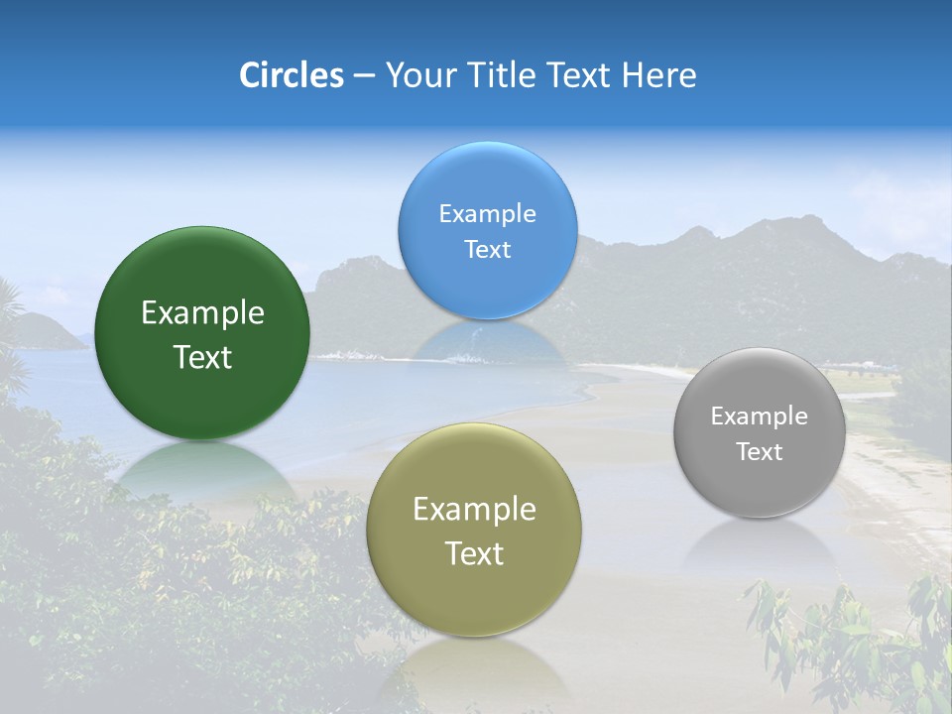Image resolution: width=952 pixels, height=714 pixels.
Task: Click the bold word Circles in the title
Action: pos(292,75)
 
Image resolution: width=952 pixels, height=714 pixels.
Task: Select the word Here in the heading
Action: pos(660,75)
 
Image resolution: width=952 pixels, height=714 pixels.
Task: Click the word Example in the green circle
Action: pos(202,313)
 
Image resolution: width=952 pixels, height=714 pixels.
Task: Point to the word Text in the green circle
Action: pos(202,358)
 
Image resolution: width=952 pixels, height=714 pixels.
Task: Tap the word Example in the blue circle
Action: pos(487,214)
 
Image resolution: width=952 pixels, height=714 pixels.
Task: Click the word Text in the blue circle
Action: pos(487,250)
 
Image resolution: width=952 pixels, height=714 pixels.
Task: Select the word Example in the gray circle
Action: pos(759,416)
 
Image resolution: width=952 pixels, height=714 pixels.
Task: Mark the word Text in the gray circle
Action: pos(759,452)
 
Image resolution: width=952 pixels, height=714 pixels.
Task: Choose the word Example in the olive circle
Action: pos(474,510)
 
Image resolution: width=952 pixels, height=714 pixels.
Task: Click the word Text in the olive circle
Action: pos(474,553)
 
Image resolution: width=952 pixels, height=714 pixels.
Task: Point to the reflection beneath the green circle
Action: pos(203,471)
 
